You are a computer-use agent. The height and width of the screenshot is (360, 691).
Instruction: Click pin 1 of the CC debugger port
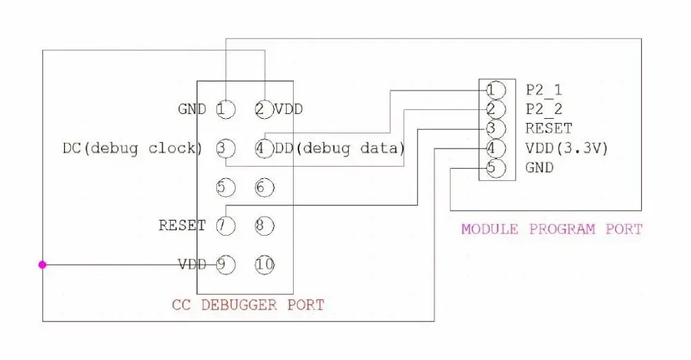tap(226, 109)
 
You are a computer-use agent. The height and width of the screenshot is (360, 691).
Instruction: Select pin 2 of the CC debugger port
tap(265, 109)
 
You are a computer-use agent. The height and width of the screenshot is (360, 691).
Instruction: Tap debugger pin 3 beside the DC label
tap(226, 148)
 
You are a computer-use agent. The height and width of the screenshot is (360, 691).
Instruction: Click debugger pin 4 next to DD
tap(265, 148)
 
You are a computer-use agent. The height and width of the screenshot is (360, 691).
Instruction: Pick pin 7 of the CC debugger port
tap(226, 226)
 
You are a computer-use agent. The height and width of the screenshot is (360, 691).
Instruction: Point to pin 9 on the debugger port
tap(226, 265)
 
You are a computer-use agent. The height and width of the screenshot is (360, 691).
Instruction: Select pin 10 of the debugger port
tap(265, 265)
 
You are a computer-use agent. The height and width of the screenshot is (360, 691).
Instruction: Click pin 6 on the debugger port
tap(265, 187)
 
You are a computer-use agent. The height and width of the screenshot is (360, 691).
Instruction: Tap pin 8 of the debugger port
tap(265, 226)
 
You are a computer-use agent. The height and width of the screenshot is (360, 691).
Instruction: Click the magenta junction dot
tap(42, 265)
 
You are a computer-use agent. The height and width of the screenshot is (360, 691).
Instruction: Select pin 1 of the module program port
tap(495, 90)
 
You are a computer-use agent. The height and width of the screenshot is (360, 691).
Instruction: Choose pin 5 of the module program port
tap(495, 168)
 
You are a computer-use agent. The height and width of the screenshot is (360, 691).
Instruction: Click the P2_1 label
tap(544, 91)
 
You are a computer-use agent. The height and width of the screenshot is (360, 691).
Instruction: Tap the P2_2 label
tap(544, 110)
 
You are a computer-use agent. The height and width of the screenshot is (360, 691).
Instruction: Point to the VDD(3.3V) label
tap(567, 148)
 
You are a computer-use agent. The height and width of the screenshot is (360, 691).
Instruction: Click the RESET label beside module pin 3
tap(549, 129)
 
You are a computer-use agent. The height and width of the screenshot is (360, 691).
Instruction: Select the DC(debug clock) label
tap(133, 148)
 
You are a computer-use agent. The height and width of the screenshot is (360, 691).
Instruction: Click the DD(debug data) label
tap(339, 148)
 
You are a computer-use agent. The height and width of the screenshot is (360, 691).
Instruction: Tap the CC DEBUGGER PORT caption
tap(248, 305)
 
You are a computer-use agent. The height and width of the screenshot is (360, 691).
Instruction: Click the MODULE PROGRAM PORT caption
tap(551, 229)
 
